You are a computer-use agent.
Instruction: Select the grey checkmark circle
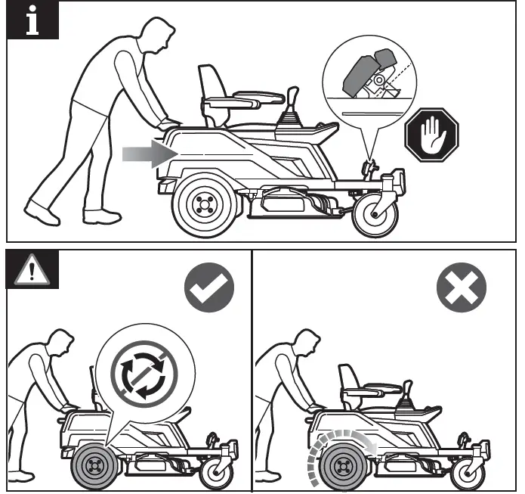coord(209,288)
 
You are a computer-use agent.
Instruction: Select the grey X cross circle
coord(462,288)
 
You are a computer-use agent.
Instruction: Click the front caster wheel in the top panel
coord(375,216)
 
